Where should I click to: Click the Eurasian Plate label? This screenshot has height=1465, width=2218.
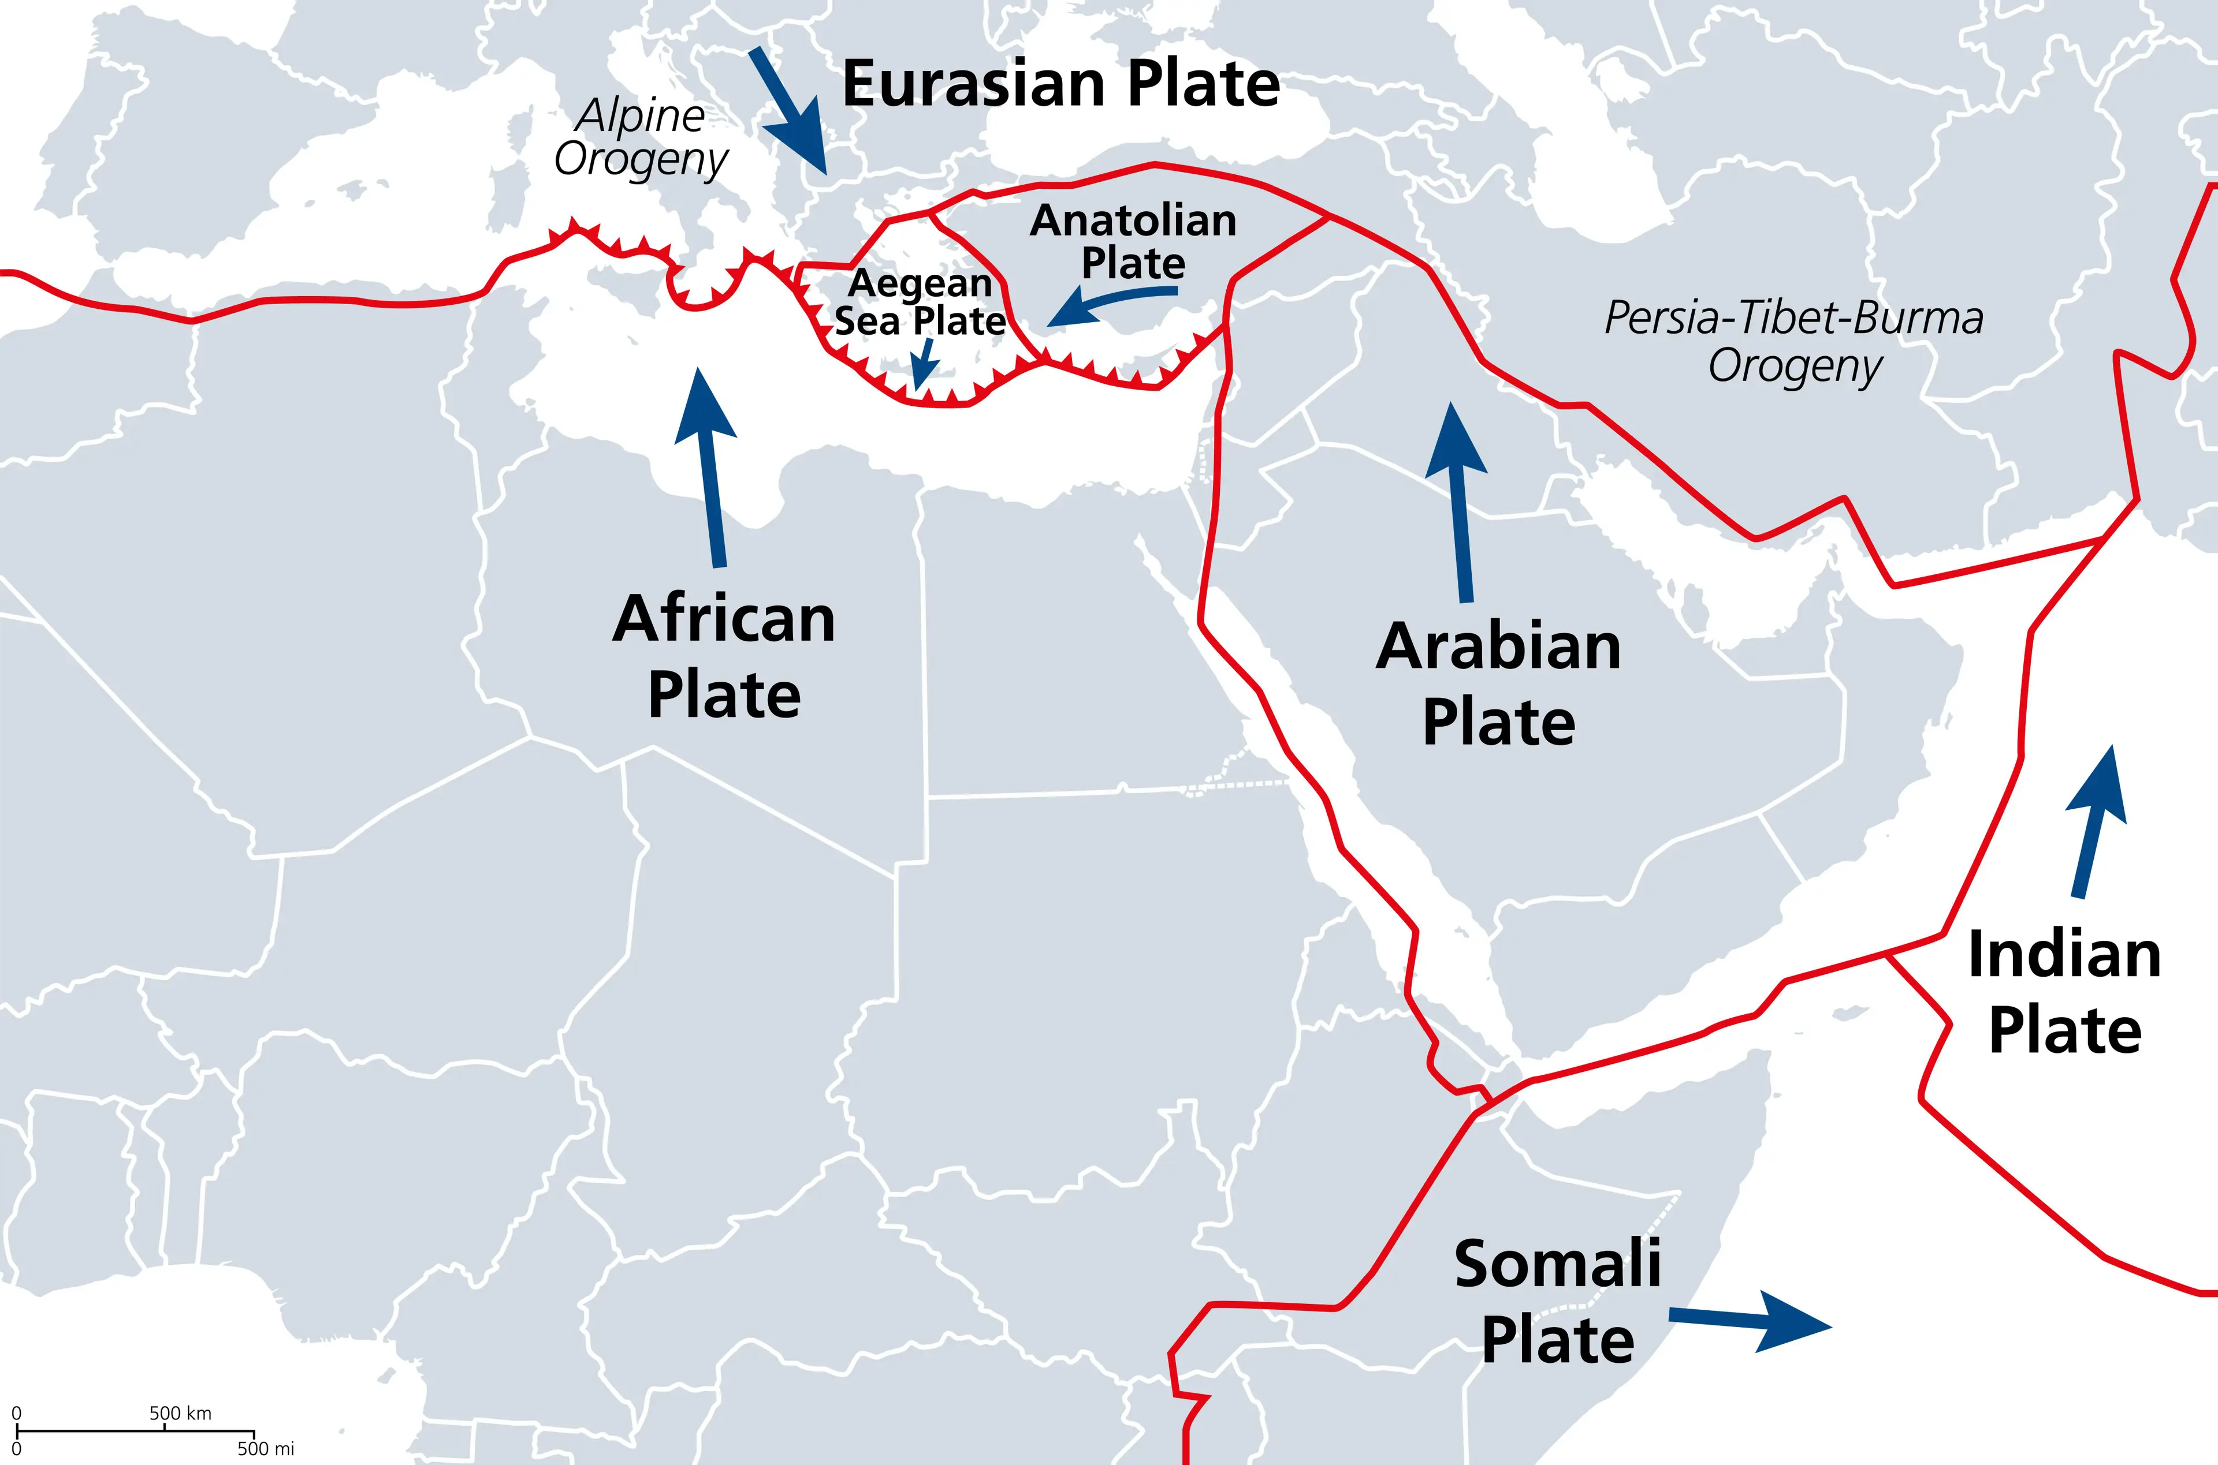point(1061,84)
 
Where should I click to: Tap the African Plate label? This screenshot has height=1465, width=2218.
point(724,657)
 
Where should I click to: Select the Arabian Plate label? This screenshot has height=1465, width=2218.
point(1498,684)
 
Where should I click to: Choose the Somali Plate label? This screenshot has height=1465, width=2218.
point(1558,1302)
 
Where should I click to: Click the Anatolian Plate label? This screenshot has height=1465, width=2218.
point(1133,242)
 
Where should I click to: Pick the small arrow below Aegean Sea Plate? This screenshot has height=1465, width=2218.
point(924,364)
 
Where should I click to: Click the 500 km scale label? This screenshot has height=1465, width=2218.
point(180,1412)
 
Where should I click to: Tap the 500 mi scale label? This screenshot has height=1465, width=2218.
point(266,1449)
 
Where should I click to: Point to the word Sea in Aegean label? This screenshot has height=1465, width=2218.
point(866,322)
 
